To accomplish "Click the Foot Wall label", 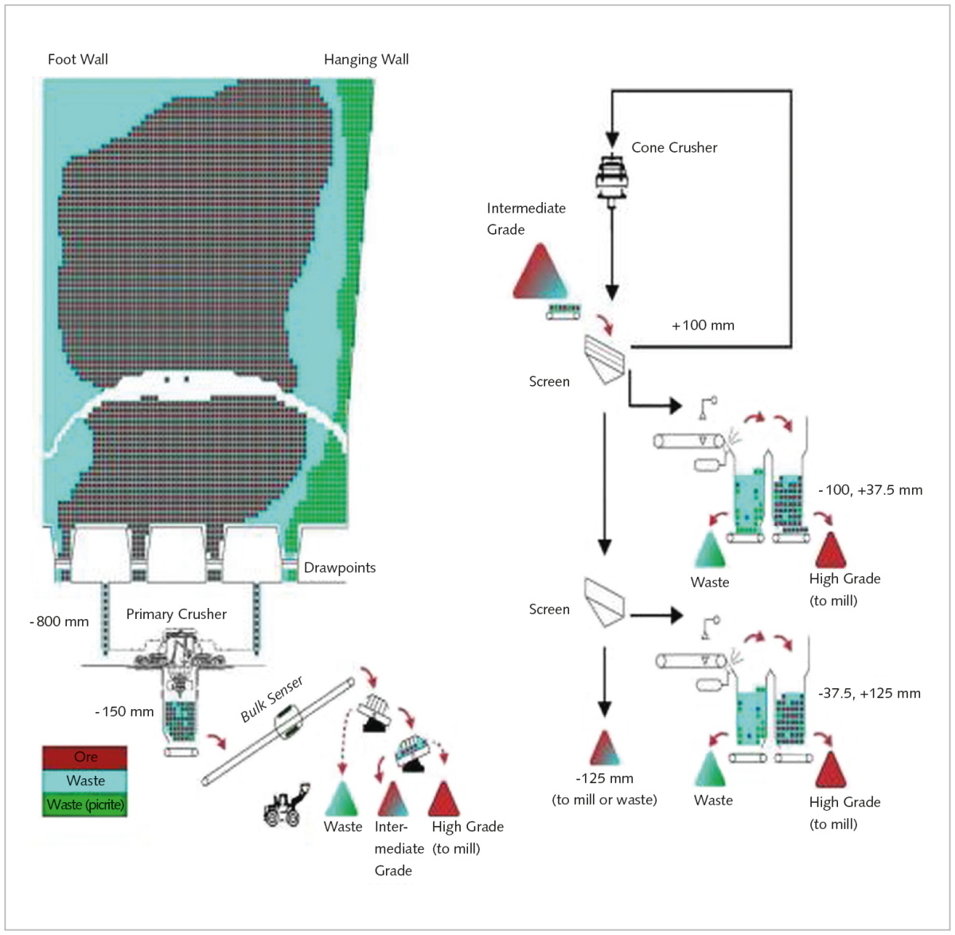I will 78,60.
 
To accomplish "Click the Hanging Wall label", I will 366,60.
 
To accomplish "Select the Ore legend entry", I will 85,757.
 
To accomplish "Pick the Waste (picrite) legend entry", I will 85,804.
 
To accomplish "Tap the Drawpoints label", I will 340,568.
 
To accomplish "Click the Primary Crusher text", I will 176,614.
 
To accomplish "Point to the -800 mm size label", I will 60,621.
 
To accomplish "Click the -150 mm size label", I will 124,711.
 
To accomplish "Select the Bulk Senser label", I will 272,699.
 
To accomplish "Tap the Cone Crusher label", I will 674,148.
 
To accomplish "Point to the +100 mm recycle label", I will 703,325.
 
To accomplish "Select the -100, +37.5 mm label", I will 870,490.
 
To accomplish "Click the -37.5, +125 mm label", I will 869,694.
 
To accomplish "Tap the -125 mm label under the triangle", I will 605,779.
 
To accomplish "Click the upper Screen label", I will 549,382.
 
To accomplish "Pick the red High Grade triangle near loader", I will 443,800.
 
